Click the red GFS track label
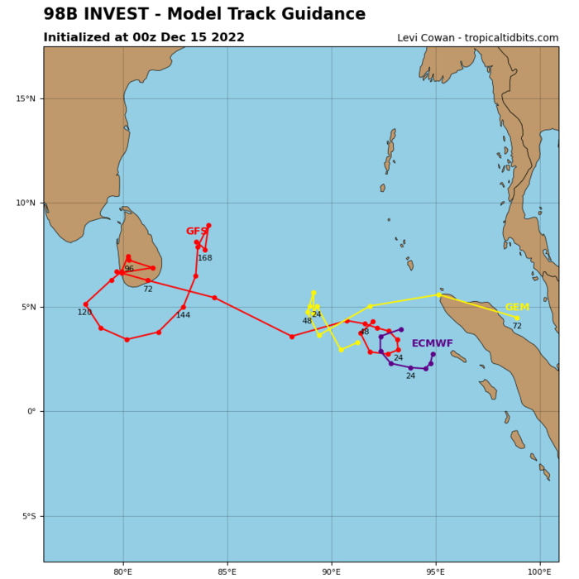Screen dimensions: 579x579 pyautogui.click(x=196, y=232)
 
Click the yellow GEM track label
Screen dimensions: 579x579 pyautogui.click(x=517, y=308)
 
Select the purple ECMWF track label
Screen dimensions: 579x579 pyautogui.click(x=432, y=343)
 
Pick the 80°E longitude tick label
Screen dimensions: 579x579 pyautogui.click(x=122, y=572)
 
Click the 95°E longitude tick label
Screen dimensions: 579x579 pyautogui.click(x=435, y=572)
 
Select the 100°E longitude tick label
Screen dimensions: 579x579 pyautogui.click(x=539, y=572)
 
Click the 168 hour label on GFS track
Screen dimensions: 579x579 pyautogui.click(x=204, y=258)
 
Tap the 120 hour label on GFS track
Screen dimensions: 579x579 pyautogui.click(x=84, y=313)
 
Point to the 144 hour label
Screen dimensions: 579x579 pyautogui.click(x=183, y=315)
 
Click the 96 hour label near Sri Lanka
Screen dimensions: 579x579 pyautogui.click(x=129, y=292)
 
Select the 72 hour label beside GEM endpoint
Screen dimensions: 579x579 pyautogui.click(x=517, y=327)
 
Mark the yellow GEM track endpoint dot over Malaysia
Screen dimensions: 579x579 pyautogui.click(x=517, y=318)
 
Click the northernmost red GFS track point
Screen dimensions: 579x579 pyautogui.click(x=208, y=225)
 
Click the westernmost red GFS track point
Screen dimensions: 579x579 pyautogui.click(x=85, y=304)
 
